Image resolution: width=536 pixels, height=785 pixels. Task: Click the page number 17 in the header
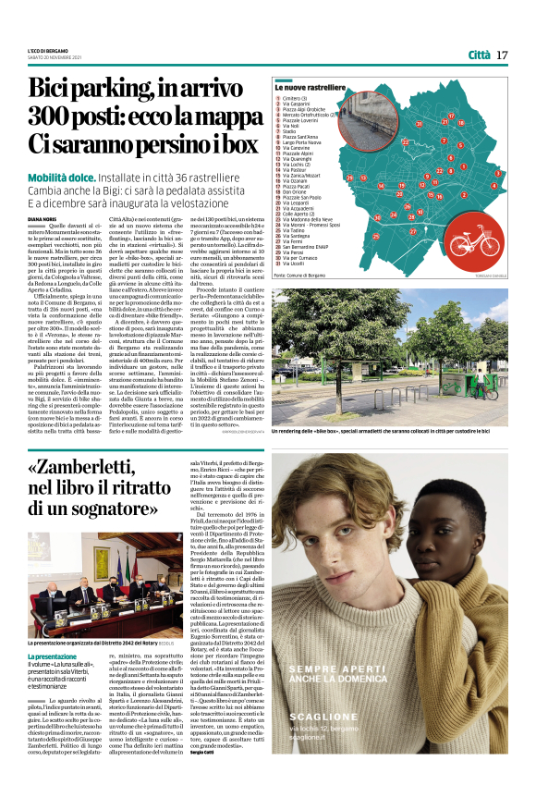click(503, 55)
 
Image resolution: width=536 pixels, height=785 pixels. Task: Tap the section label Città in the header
click(479, 55)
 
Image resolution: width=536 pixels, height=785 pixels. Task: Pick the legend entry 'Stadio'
click(288, 131)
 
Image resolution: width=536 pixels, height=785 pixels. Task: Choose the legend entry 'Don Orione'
click(295, 191)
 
